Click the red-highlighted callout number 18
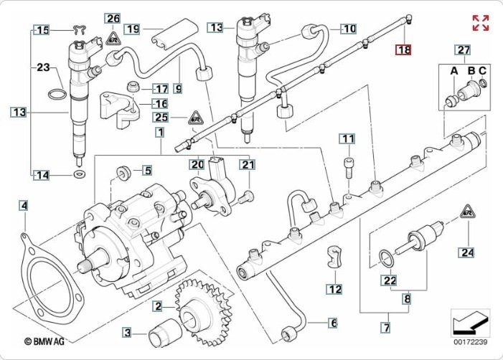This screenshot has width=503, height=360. tap(404, 50)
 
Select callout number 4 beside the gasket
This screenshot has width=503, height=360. tap(24, 207)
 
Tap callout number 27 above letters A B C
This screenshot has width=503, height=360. tap(463, 49)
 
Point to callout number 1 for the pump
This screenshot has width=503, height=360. tap(159, 133)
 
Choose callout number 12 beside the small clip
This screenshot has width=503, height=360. tap(334, 289)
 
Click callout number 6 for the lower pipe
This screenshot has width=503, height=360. tap(333, 323)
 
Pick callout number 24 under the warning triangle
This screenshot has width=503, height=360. tap(468, 252)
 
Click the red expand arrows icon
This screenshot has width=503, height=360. tap(480, 22)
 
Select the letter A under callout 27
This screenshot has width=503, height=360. tap(453, 70)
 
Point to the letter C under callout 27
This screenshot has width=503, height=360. tap(482, 70)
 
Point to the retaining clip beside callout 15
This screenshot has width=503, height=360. tap(80, 31)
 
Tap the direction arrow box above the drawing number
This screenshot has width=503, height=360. tap(469, 322)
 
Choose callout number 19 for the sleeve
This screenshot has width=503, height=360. tap(131, 29)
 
